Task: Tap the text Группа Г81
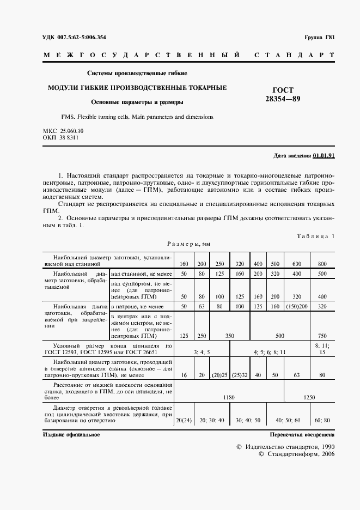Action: click(319, 37)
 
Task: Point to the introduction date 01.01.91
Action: click(324, 156)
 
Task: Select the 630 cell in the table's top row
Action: click(296, 263)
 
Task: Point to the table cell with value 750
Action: click(323, 336)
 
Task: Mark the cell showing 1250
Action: click(309, 397)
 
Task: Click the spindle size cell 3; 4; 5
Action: click(202, 353)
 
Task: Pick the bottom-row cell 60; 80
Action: click(323, 420)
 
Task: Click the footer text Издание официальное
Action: click(71, 435)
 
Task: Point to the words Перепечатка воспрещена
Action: click(302, 435)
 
